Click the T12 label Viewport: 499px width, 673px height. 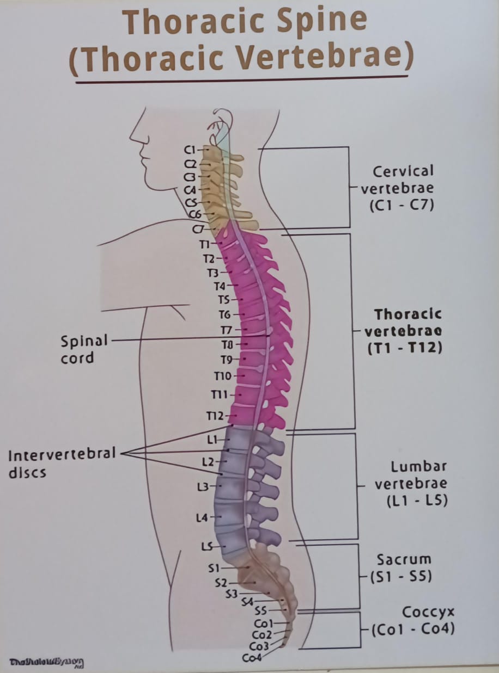click(215, 416)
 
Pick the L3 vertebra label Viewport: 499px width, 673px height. click(203, 487)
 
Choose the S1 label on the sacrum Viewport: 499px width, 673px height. click(214, 568)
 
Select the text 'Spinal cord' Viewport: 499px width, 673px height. click(84, 349)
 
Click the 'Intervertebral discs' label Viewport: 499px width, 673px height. click(62, 462)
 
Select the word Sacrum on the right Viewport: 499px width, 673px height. click(404, 559)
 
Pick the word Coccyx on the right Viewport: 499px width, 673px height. click(428, 612)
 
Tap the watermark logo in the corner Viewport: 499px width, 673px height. click(47, 662)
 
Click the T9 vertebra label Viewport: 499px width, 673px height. click(227, 360)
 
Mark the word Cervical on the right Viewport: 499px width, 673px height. click(404, 171)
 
